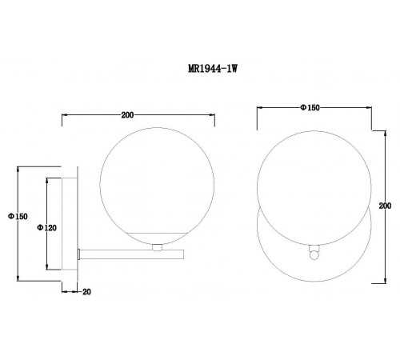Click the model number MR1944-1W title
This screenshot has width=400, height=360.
pyautogui.click(x=213, y=69)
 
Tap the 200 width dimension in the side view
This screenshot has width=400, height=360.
pyautogui.click(x=127, y=115)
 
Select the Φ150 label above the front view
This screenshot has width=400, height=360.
pyautogui.click(x=310, y=107)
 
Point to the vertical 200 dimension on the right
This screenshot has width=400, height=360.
pyautogui.click(x=385, y=206)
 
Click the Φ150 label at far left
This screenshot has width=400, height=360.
pyautogui.click(x=18, y=216)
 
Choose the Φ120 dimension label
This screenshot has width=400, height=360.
pyautogui.click(x=46, y=228)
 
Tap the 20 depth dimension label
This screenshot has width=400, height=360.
pyautogui.click(x=86, y=292)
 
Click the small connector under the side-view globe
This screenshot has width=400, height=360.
pyautogui.click(x=157, y=247)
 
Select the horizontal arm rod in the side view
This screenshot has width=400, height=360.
pyautogui.click(x=132, y=254)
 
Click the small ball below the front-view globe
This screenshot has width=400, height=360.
pyautogui.click(x=314, y=255)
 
